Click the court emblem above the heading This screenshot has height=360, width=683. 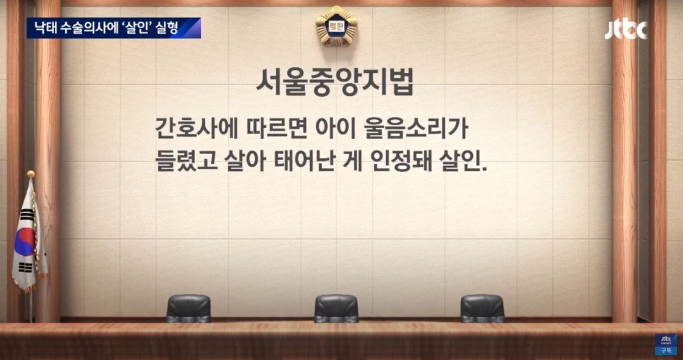point(336,26)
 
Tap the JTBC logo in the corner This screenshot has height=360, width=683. point(626,29)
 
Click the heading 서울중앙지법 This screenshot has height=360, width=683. point(334,84)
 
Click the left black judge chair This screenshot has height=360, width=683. point(188,308)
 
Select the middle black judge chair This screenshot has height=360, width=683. point(336,308)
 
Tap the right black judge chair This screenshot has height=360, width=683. point(482,308)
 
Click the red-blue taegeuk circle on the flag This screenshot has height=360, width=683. point(25,242)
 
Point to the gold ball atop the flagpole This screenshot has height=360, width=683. point(31,174)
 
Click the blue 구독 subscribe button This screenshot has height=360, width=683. point(666,351)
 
